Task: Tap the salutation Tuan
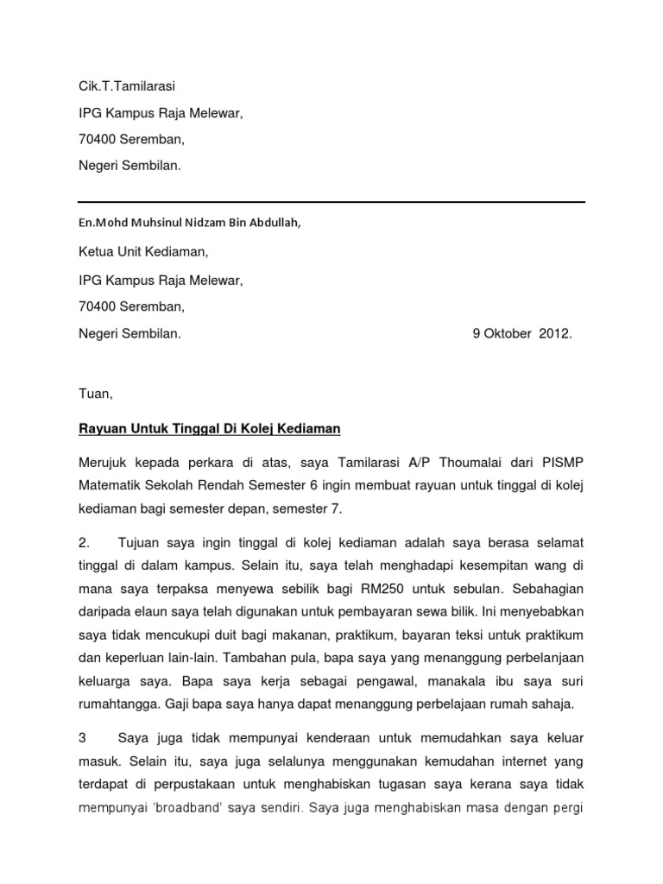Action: [x=95, y=394]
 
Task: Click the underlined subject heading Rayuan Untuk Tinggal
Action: [x=210, y=428]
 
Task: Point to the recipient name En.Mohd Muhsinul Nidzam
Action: [x=189, y=222]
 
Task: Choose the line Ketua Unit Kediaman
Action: [x=143, y=252]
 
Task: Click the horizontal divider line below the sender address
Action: [x=331, y=202]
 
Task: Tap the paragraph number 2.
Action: [x=84, y=541]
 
